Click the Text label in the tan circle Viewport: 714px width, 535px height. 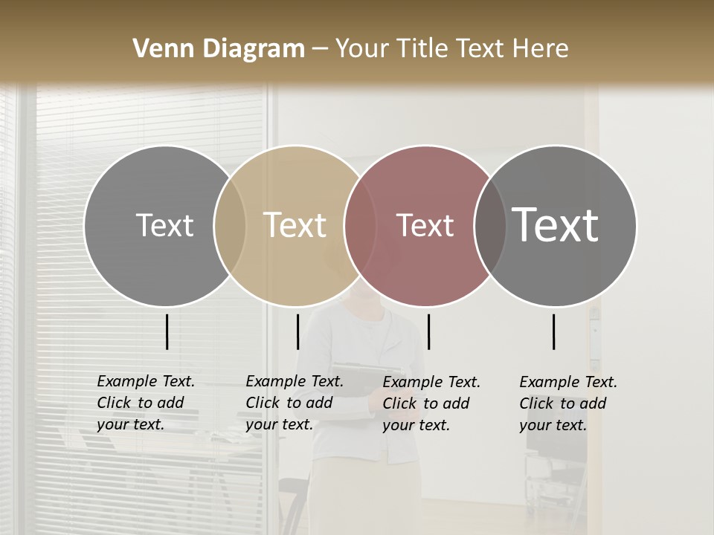295,225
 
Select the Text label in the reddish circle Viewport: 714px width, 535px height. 425,225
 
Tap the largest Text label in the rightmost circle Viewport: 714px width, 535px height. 555,224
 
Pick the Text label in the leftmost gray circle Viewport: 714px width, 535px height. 164,225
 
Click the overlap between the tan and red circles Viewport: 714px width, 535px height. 360,225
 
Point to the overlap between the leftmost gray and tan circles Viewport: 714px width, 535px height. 230,225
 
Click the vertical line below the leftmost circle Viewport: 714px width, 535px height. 167,331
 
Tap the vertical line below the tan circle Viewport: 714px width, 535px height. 297,331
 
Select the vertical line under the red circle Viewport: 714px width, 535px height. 428,331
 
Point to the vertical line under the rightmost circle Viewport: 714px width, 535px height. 554,331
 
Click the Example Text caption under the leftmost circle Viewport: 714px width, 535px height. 145,403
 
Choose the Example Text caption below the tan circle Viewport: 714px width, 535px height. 294,403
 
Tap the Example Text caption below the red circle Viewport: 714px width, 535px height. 431,403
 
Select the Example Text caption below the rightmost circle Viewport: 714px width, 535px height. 567,403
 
